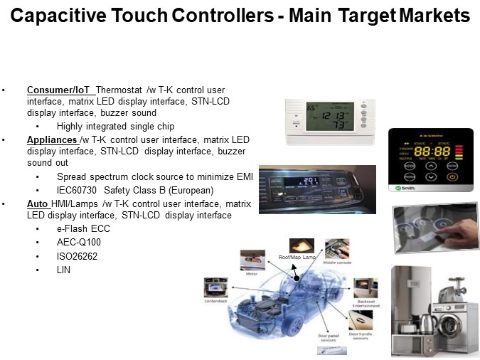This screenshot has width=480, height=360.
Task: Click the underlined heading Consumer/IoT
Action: coord(59,90)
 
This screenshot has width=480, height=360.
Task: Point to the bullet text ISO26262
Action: coord(78,256)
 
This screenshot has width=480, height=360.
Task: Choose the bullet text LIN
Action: coord(64,270)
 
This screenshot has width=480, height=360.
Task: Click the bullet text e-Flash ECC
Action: coord(84,229)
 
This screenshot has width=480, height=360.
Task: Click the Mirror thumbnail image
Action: coord(253,260)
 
